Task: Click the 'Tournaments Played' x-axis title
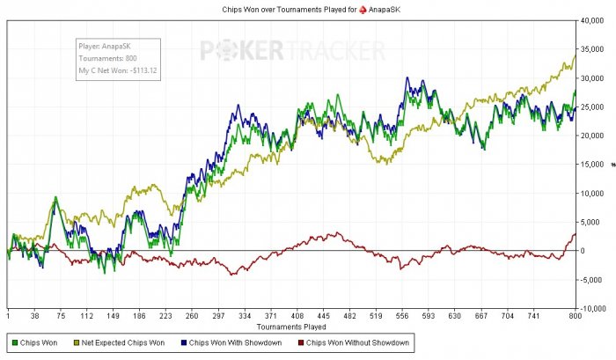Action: [291, 326]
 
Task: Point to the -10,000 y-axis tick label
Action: [593, 309]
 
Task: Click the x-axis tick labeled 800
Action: [576, 315]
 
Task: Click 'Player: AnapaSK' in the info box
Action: [102, 48]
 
